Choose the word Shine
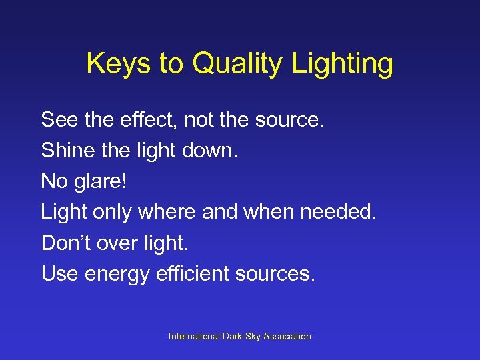click(64, 151)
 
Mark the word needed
click(340, 212)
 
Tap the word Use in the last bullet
click(59, 273)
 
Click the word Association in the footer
click(288, 337)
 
